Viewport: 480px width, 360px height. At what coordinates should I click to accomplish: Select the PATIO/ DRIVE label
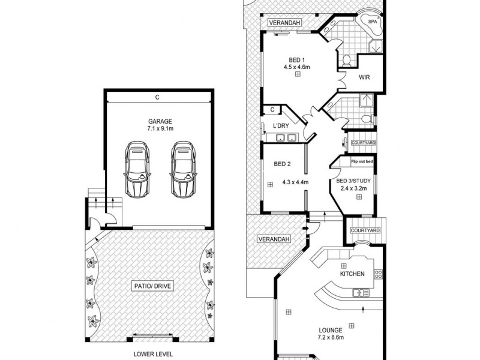152,286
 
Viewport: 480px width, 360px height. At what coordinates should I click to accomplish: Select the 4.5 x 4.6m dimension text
297,68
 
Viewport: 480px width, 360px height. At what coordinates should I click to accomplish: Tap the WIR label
364,77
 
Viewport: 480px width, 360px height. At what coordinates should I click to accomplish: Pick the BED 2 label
283,164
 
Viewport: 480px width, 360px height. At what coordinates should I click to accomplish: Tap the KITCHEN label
353,274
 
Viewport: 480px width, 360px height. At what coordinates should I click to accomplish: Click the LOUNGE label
331,330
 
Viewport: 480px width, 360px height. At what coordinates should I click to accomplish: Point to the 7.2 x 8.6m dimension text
331,338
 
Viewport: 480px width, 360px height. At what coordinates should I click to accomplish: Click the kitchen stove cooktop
378,274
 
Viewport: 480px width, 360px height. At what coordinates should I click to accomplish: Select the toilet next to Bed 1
347,60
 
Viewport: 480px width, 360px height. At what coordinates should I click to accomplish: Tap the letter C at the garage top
157,97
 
